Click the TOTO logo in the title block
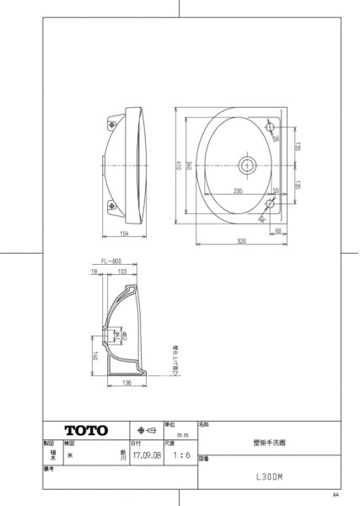(87, 430)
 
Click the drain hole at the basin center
(249, 164)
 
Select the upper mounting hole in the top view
(273, 126)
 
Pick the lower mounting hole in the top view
(273, 202)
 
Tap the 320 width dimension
(244, 241)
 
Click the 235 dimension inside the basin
(238, 191)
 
